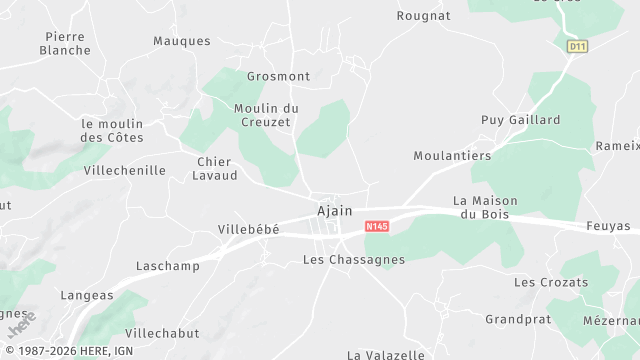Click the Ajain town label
coord(334,211)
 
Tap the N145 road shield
coord(377,227)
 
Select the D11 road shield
coord(576,46)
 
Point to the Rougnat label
coord(424,16)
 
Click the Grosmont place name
coord(279,76)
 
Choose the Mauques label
coord(182,41)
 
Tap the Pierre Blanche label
coord(65,43)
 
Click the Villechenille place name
coord(125,170)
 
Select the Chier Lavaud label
coord(215,168)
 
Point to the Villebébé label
coord(248,229)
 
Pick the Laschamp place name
coord(168,266)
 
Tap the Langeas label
coord(87,295)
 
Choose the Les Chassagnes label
coord(353,260)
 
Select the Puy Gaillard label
coord(521,120)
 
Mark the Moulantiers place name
coord(453,156)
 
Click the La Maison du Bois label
coord(481,207)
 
